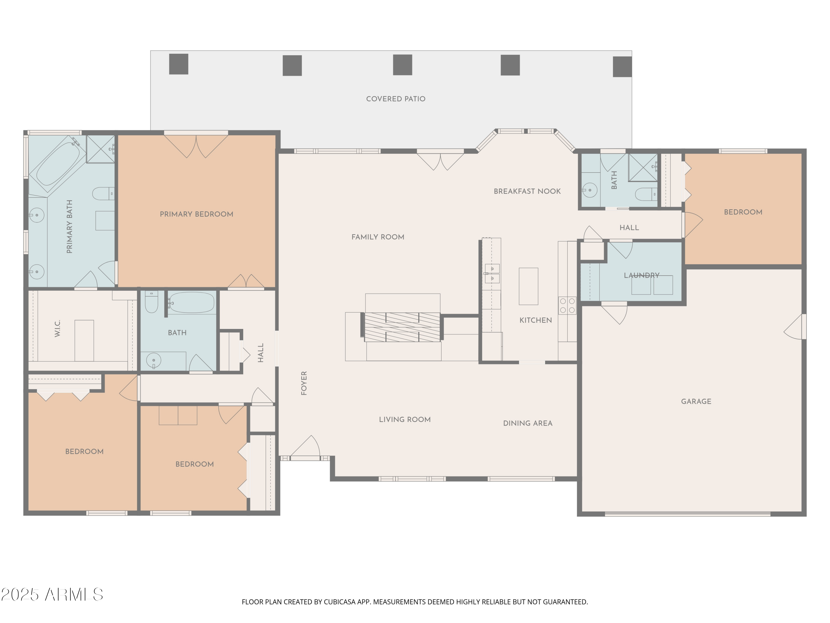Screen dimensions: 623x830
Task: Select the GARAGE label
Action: tap(696, 401)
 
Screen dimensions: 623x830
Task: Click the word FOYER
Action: tap(304, 383)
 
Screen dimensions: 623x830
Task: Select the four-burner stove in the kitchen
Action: tap(567, 305)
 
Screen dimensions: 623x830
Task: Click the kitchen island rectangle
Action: tap(528, 286)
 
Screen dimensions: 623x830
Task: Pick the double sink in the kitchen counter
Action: tap(492, 273)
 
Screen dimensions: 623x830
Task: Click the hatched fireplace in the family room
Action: tap(402, 327)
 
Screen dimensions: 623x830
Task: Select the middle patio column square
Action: tap(402, 65)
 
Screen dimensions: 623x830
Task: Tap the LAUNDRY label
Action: tap(641, 275)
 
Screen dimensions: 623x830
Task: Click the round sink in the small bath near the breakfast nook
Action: tap(590, 190)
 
